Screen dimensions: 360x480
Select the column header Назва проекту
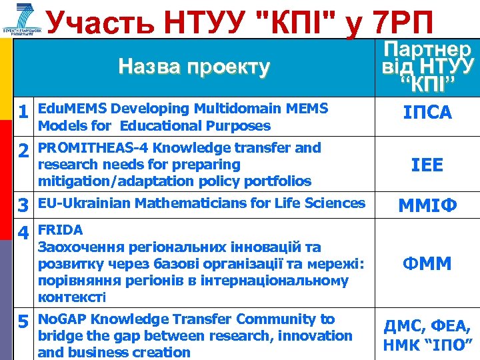point(194,67)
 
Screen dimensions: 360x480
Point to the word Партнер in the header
point(427,50)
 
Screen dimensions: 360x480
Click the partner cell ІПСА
point(427,113)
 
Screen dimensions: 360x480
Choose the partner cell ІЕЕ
point(427,165)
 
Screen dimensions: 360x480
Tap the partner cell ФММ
point(427,264)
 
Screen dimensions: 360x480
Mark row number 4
point(23,234)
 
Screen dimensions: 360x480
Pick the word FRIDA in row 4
point(61,230)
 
